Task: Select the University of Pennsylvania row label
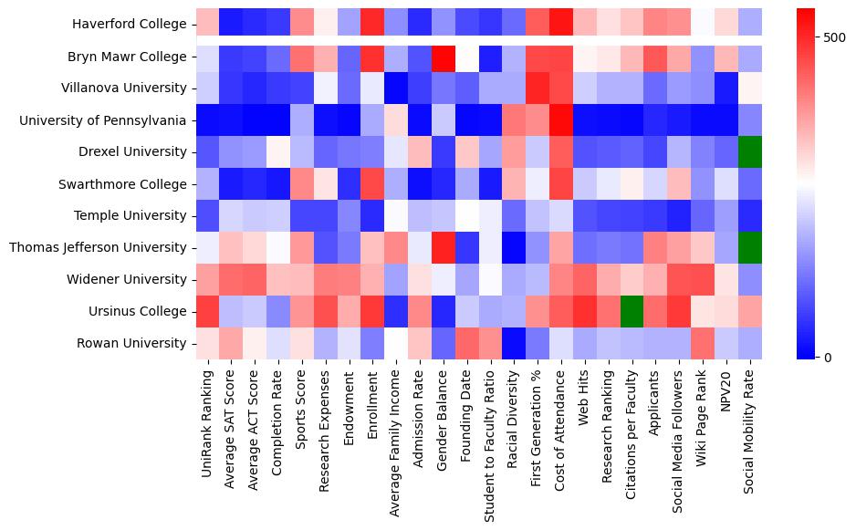107,120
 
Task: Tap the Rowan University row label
133,344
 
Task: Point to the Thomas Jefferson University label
98,248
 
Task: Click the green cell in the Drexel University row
750,152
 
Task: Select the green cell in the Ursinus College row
632,312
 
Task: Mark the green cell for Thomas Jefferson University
750,248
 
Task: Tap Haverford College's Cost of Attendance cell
561,25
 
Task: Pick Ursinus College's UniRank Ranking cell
206,312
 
